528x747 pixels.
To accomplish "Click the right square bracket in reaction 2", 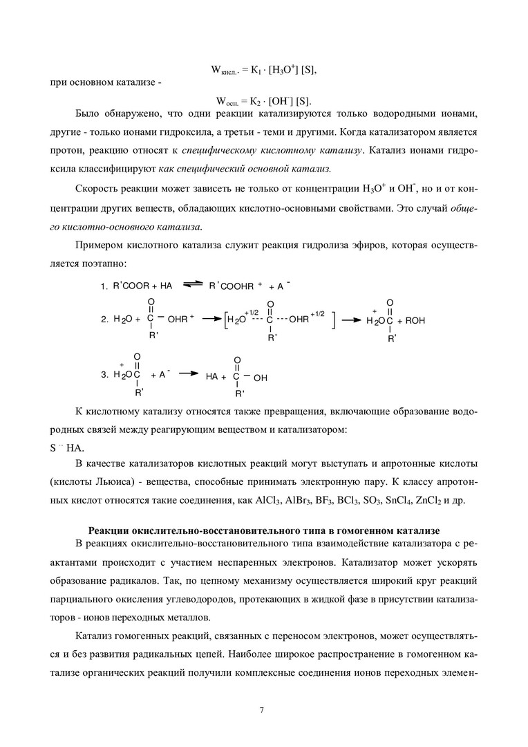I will pos(334,320).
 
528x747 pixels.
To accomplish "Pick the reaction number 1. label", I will pos(104,286).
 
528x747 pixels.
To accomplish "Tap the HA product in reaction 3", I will pos(211,378).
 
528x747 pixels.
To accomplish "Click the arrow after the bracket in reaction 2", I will pos(352,320).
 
